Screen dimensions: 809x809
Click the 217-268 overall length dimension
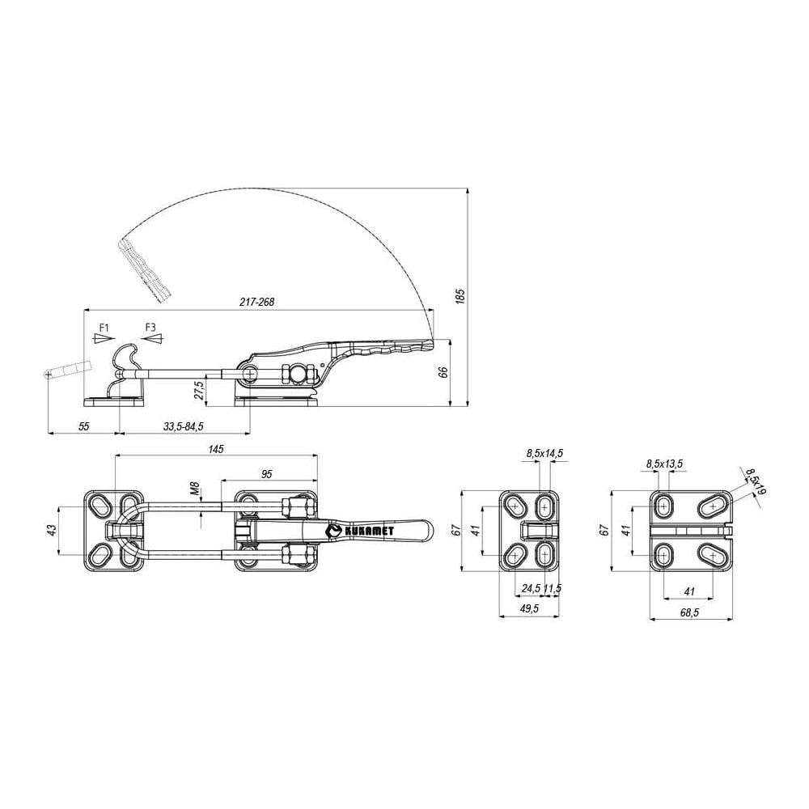tap(257, 302)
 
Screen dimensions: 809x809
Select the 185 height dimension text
tap(461, 296)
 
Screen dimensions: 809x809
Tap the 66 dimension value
tap(443, 372)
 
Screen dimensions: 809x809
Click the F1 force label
tap(104, 327)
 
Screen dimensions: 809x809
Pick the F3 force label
tap(150, 327)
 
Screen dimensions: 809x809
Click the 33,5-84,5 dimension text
tap(184, 426)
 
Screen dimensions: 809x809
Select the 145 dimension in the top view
tap(216, 449)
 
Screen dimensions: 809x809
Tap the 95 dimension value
tap(267, 473)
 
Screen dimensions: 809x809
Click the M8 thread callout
tap(194, 488)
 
